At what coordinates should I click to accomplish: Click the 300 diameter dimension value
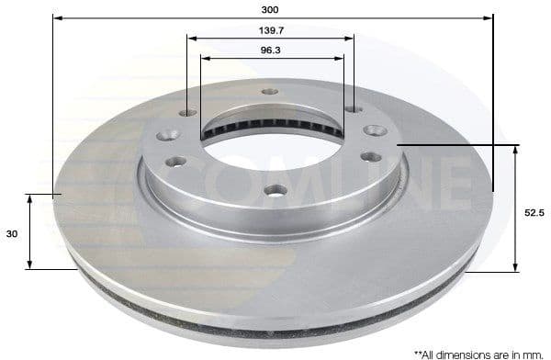270,9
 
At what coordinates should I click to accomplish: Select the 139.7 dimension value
270,30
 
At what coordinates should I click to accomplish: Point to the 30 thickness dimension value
12,234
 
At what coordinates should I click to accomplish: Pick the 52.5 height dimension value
534,213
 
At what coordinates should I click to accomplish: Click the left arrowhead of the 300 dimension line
57,17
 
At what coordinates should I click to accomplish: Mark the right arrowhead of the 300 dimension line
489,17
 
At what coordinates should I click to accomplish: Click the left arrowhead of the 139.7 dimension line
192,39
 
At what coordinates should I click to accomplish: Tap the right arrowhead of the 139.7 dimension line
349,39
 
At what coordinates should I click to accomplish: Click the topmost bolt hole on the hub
269,92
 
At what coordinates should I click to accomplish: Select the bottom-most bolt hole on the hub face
275,190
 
